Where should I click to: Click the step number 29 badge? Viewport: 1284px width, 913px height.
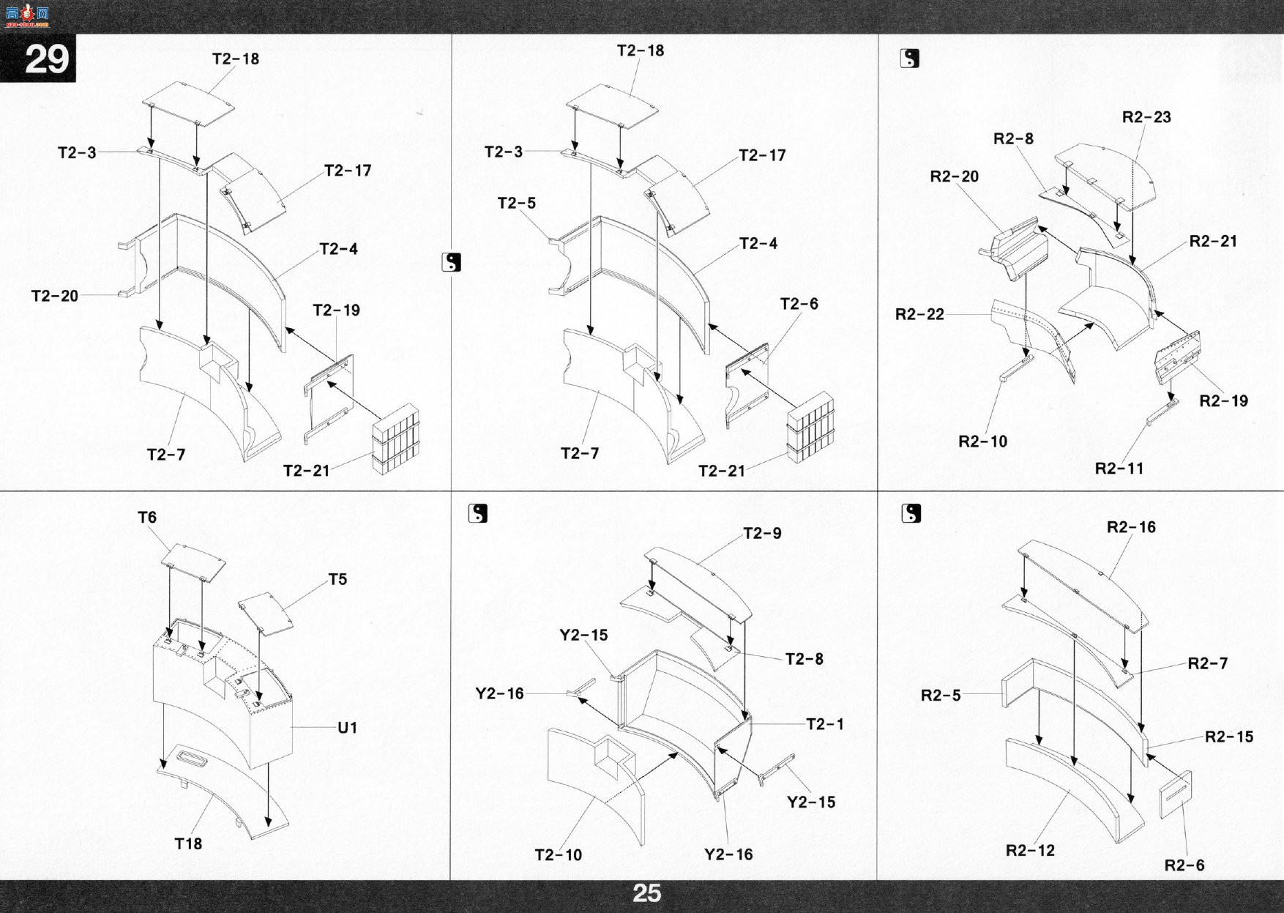pos(45,59)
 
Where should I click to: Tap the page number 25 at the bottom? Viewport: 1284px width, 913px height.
pos(646,894)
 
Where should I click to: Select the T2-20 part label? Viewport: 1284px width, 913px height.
pos(55,296)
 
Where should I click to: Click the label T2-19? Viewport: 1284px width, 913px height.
pos(337,310)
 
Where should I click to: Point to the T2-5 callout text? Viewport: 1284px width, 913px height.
pos(517,203)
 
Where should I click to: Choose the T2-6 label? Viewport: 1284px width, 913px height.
pos(799,304)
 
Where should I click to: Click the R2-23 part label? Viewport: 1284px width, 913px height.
pos(1146,117)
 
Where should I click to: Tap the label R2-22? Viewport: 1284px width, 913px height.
pos(919,314)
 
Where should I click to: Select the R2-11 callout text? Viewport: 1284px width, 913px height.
pos(1119,468)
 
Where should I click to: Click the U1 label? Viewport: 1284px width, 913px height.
pos(347,728)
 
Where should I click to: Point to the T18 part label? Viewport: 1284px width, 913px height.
pos(188,843)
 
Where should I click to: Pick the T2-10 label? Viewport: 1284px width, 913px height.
pos(559,854)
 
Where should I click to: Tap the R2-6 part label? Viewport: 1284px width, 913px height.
pos(1184,865)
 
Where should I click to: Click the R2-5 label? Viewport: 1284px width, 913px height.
pos(941,695)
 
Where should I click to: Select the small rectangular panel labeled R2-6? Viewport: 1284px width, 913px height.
pos(1176,795)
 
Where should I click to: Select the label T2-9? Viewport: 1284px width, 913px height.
pos(762,533)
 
